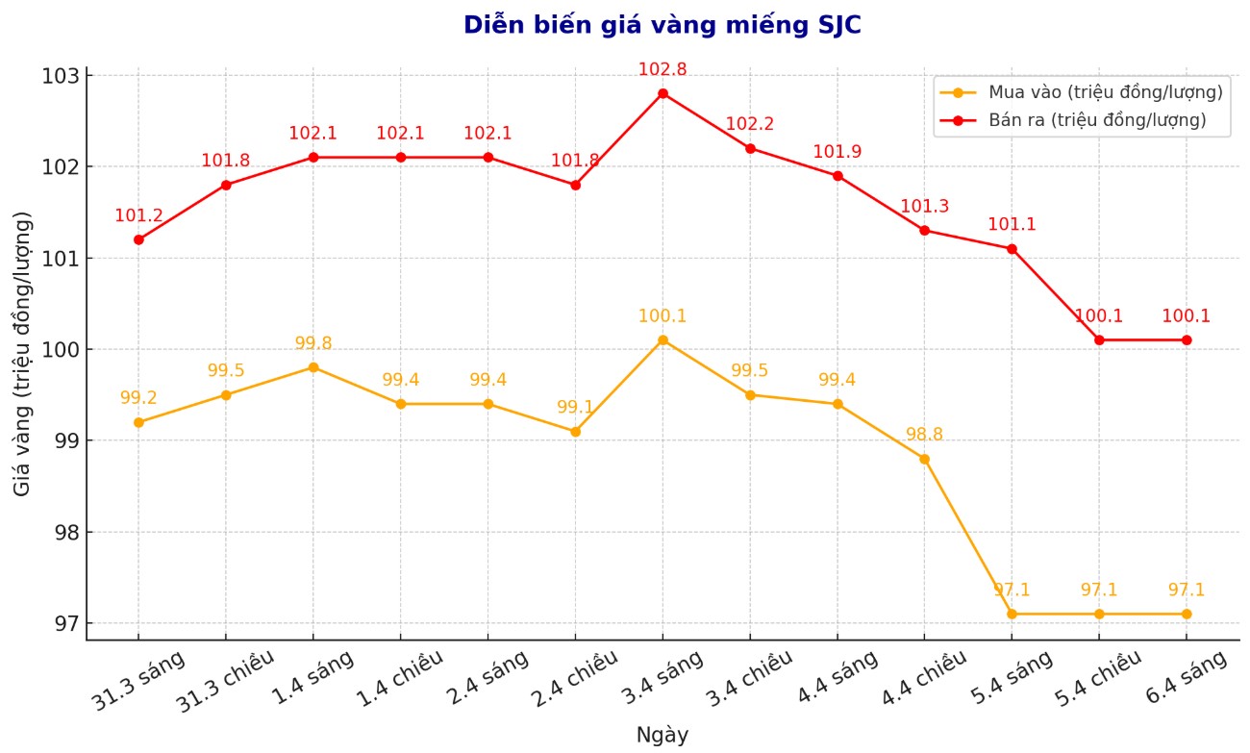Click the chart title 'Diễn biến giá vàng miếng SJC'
(x=662, y=25)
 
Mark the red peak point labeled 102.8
(x=662, y=93)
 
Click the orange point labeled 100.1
(x=662, y=339)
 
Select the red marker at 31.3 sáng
(x=138, y=239)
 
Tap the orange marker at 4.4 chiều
(x=924, y=459)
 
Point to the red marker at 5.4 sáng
(x=1012, y=248)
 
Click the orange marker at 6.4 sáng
(x=1186, y=614)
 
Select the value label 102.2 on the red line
(x=749, y=124)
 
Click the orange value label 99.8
(x=313, y=343)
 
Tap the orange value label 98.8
(x=924, y=435)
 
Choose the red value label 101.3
(x=924, y=206)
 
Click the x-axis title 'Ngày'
(x=662, y=736)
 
